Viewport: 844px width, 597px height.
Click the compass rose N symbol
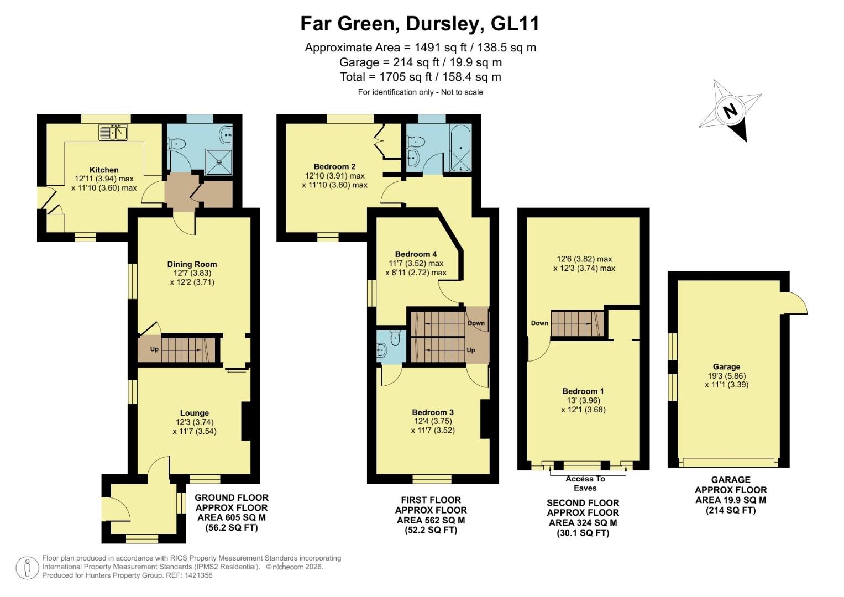pos(731,112)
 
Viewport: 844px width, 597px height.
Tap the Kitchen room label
pos(104,170)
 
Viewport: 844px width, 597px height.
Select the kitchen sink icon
pos(113,133)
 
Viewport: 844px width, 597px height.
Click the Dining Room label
pos(192,264)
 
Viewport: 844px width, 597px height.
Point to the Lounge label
pos(194,413)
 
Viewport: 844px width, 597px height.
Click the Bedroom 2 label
pos(334,166)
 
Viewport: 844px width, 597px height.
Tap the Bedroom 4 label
pos(416,254)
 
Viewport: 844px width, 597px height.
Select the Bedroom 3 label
pos(433,412)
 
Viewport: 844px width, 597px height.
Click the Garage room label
pos(726,366)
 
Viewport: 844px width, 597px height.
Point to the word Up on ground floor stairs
pos(154,349)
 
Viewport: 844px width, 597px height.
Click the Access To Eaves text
pos(585,483)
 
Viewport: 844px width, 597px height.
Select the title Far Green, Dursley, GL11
pos(420,24)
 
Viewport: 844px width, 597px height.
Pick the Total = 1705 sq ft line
pos(421,77)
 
